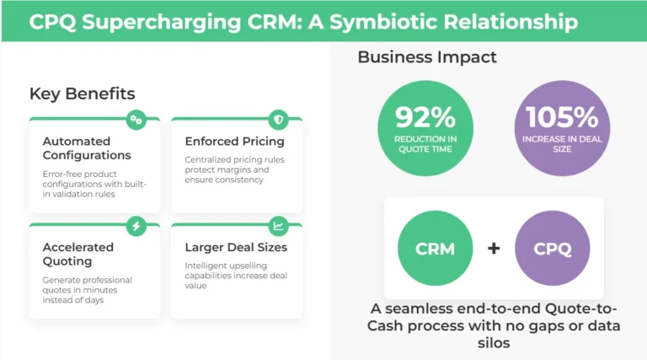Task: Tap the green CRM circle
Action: (435, 249)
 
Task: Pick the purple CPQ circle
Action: (553, 249)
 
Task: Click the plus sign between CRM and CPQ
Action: (495, 249)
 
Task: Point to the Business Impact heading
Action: (427, 57)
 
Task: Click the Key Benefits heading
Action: (82, 94)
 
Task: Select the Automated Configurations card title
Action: (87, 148)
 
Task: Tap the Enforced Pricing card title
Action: (234, 141)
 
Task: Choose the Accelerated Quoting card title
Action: (79, 254)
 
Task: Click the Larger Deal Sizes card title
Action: (236, 247)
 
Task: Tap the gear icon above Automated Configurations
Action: (136, 120)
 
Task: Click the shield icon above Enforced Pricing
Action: (278, 120)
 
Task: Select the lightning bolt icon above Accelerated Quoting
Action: (136, 225)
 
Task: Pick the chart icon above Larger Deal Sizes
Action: (278, 225)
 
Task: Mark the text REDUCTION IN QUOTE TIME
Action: (425, 144)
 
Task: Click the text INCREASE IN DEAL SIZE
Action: (562, 144)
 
